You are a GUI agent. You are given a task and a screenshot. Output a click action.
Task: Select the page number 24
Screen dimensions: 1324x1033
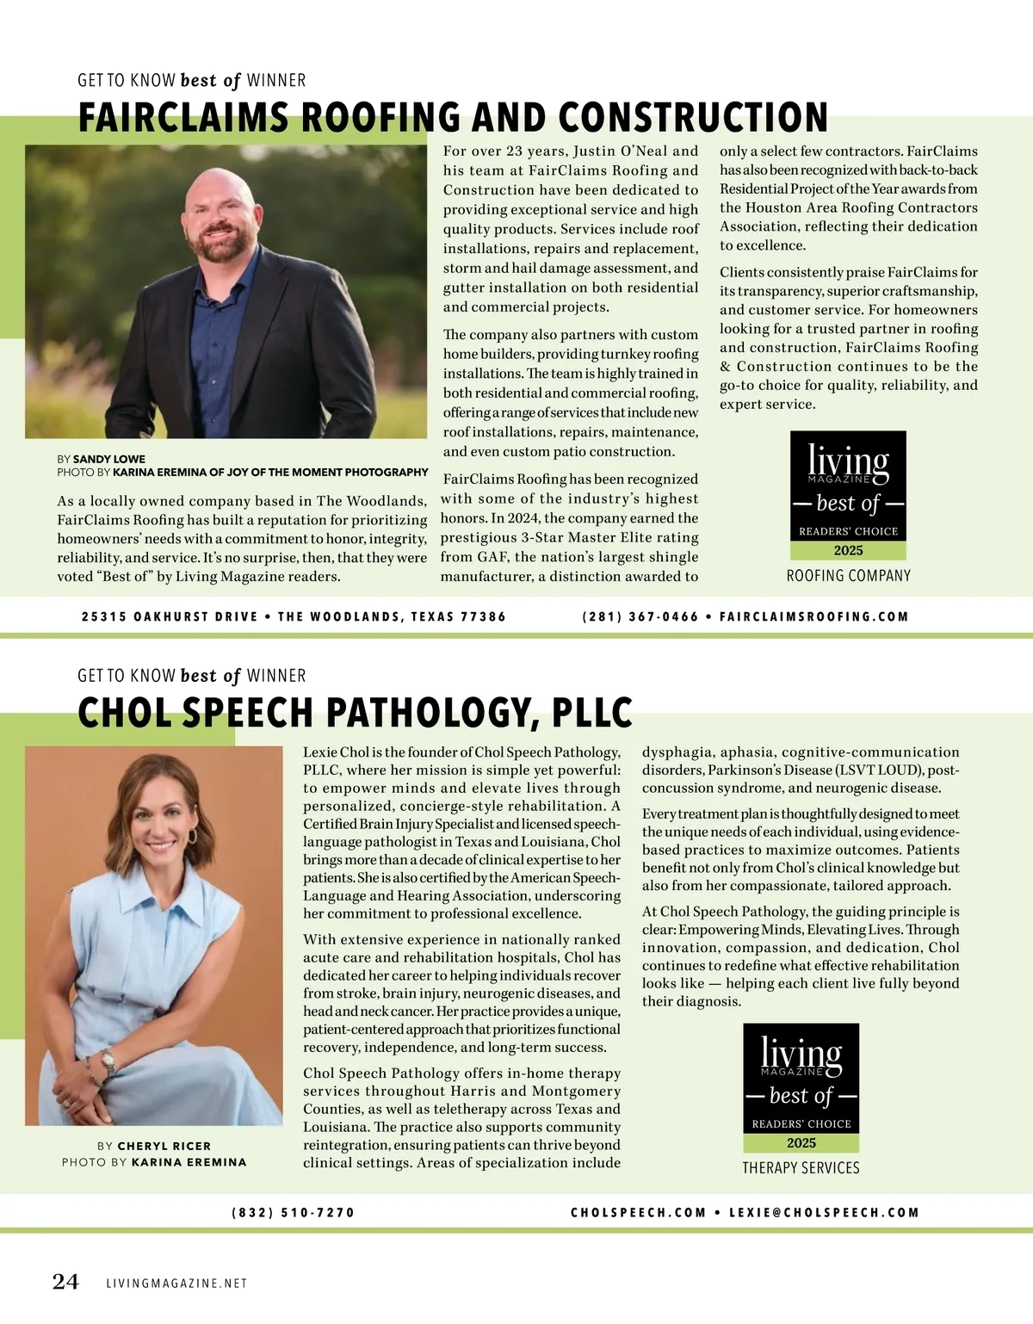tap(65, 1282)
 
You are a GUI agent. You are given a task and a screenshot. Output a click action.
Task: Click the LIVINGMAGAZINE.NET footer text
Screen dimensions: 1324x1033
tap(176, 1284)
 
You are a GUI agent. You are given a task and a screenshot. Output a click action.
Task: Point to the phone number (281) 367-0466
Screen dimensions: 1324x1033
tap(640, 616)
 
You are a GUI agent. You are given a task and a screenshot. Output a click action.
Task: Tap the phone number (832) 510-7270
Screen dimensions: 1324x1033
tap(294, 1212)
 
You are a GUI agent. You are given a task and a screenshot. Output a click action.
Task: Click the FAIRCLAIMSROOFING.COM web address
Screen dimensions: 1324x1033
tap(813, 616)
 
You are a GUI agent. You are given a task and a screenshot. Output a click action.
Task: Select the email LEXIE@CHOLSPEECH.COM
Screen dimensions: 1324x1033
tap(824, 1212)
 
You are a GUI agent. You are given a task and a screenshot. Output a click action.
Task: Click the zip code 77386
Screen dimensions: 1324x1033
tap(484, 616)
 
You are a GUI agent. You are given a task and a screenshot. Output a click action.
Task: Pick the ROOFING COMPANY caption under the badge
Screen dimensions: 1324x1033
tap(848, 575)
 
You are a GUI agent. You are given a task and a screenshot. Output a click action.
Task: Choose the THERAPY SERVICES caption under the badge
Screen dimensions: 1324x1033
tap(801, 1167)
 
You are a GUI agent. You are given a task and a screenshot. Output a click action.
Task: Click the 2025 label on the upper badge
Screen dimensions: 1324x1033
tap(848, 551)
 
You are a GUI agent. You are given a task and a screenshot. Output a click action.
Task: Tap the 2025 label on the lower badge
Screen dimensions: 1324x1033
tap(801, 1143)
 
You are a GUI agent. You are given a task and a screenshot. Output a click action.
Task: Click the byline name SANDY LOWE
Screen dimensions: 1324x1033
tap(109, 459)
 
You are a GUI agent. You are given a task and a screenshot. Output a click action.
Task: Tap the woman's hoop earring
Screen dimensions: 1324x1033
tap(192, 836)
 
